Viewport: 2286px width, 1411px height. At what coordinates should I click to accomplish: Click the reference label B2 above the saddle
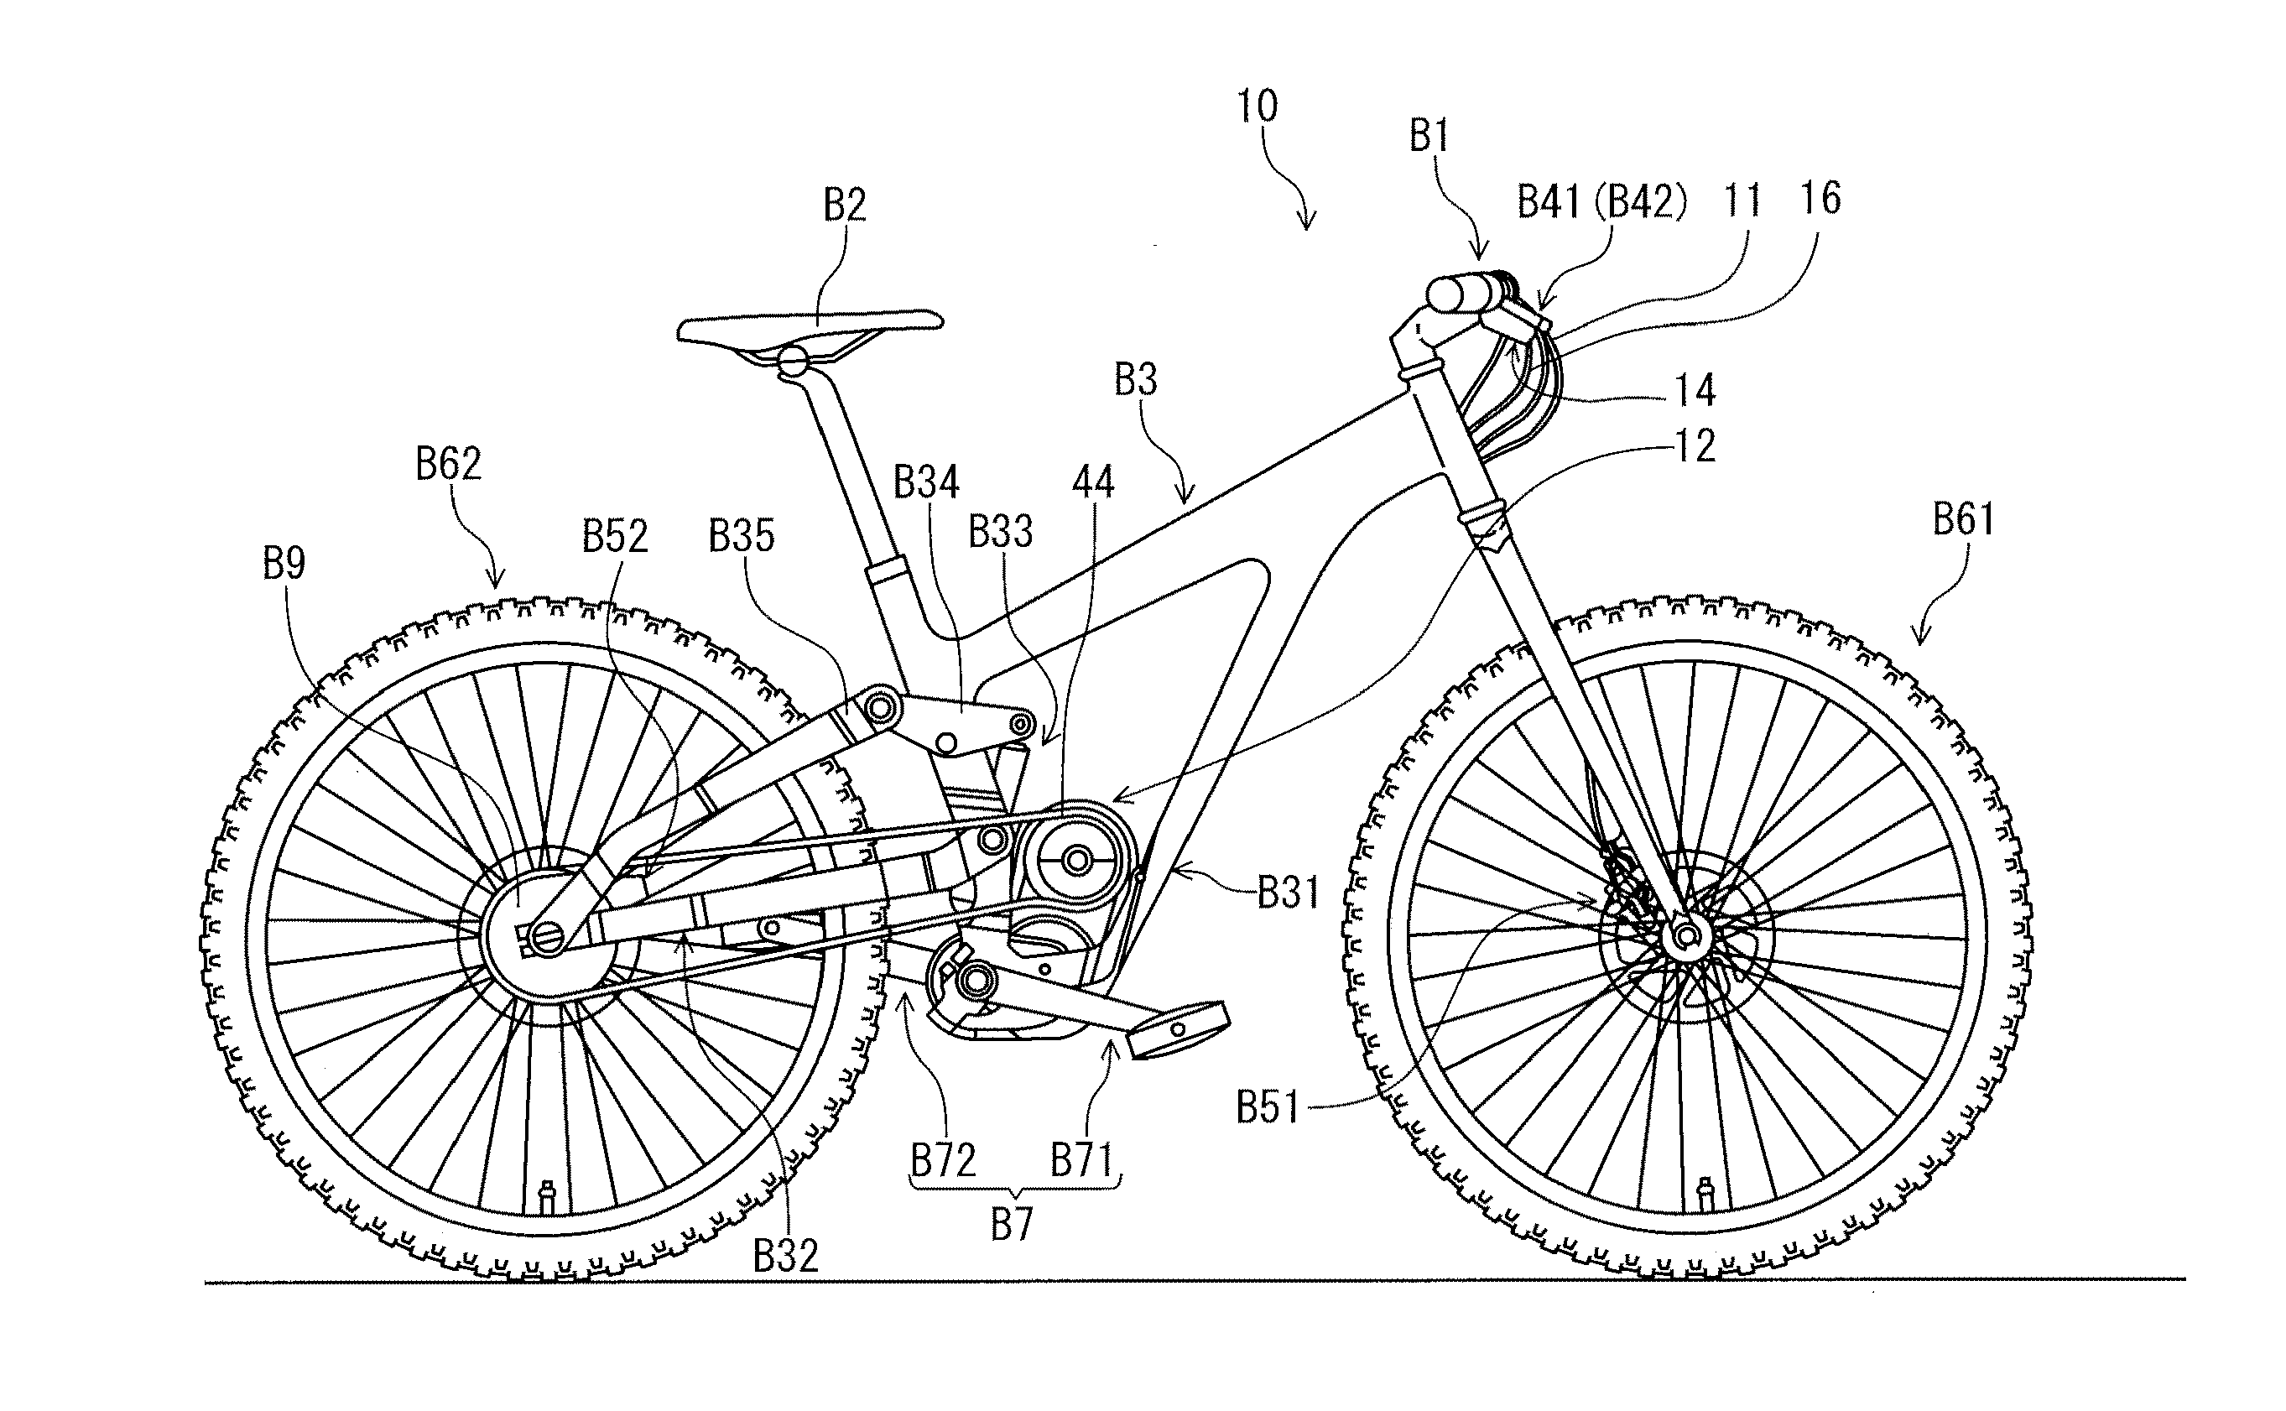coord(845,206)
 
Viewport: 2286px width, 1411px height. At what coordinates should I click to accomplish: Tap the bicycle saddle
coord(810,326)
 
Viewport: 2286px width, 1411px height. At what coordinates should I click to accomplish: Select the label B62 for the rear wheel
coord(448,464)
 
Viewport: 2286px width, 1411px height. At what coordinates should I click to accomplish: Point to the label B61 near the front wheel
coord(1963,520)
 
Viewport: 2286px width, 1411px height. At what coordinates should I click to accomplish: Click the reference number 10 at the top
coord(1257,107)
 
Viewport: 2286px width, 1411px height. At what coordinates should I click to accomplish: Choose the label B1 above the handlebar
coord(1429,138)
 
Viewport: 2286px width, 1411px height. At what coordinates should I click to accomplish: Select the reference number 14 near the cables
coord(1694,391)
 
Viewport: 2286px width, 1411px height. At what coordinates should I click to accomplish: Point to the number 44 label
coord(1092,482)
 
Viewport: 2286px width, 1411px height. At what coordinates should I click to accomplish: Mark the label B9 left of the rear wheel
coord(284,564)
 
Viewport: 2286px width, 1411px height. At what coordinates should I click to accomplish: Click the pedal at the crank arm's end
coord(1178,1028)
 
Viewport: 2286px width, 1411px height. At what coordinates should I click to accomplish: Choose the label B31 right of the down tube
coord(1289,894)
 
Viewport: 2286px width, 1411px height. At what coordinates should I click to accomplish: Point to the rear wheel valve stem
coord(548,1194)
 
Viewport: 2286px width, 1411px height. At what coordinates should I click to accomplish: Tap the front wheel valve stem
coord(1706,1192)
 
